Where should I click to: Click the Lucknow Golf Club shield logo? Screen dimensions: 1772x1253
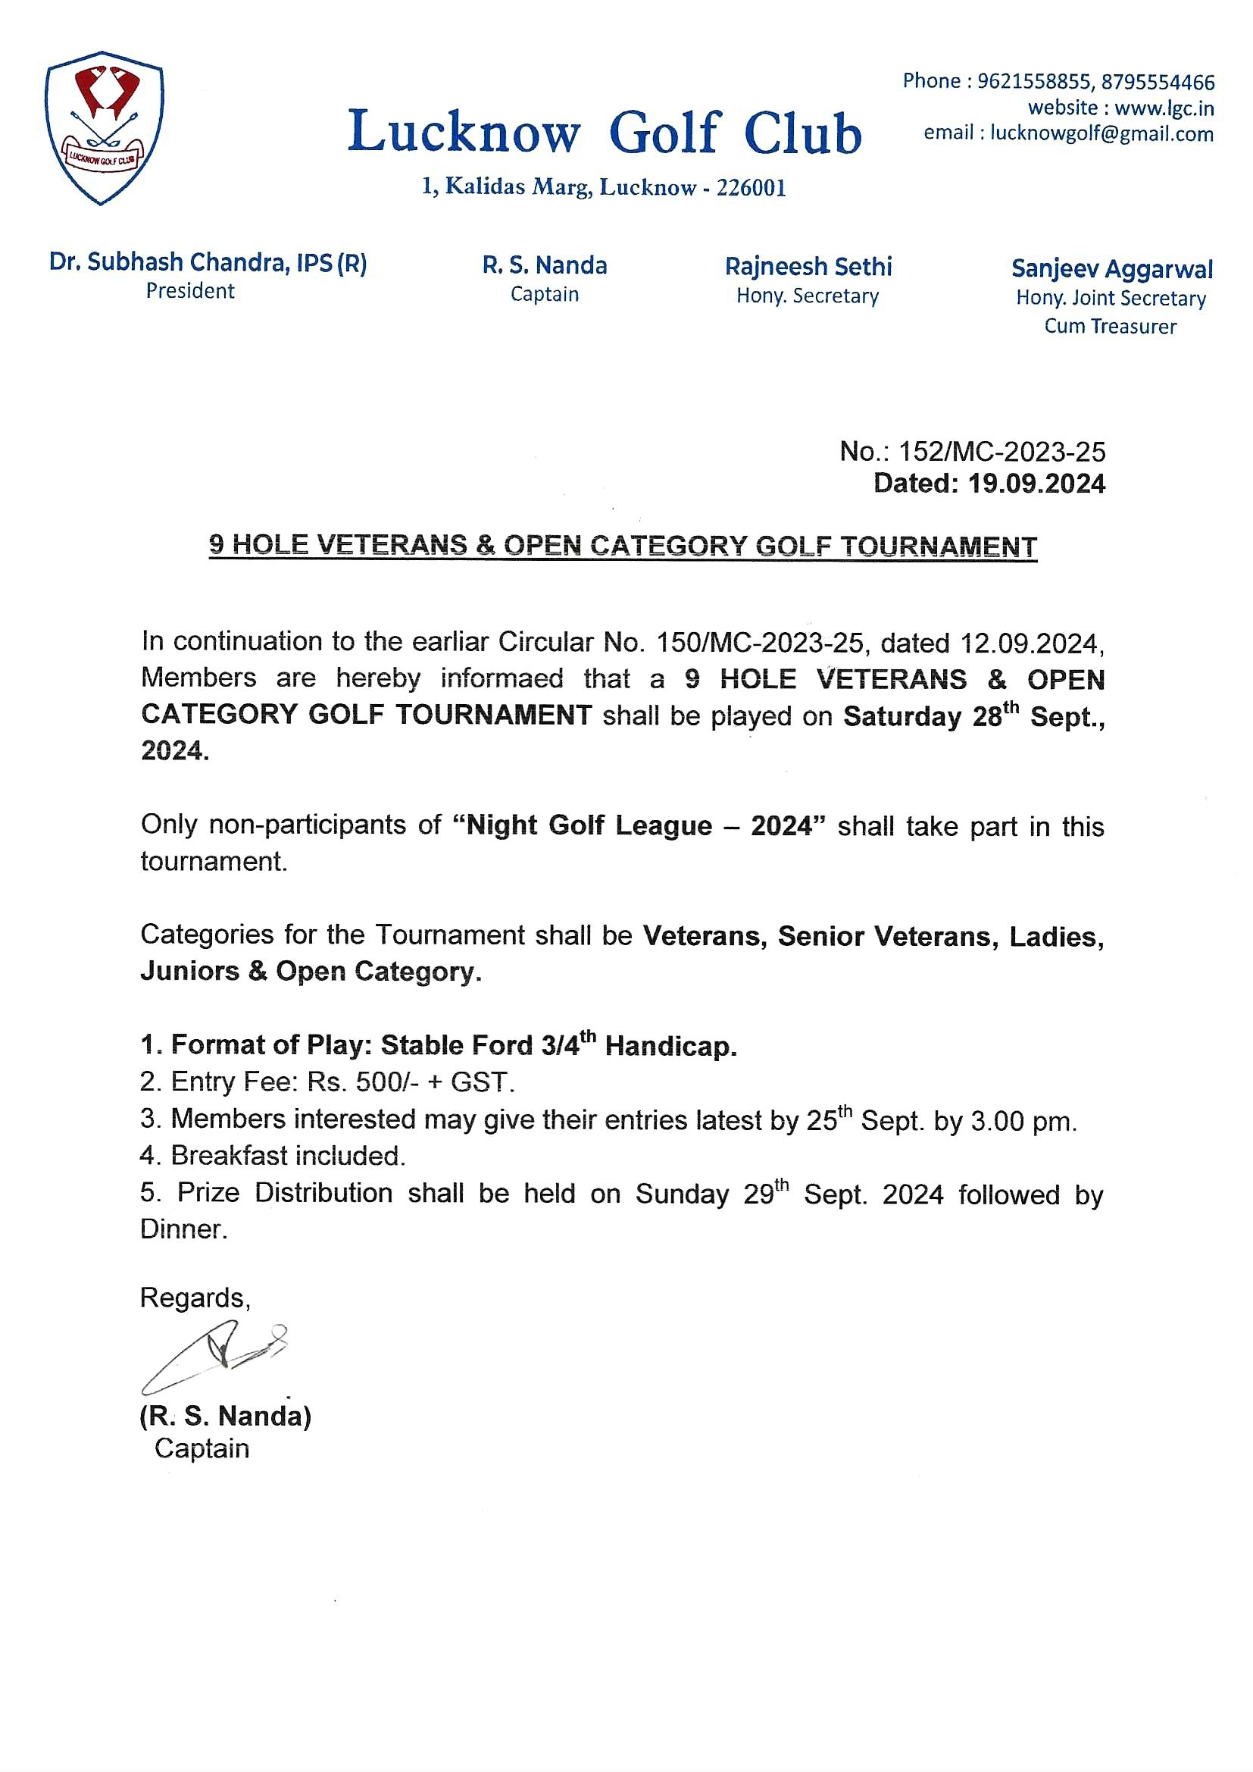(x=104, y=127)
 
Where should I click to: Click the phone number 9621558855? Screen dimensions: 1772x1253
(x=1034, y=81)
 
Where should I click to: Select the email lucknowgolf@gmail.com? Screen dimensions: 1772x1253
(x=1101, y=133)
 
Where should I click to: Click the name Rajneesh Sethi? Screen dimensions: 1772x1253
(x=808, y=267)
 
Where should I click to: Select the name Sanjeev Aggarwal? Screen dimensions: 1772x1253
(x=1111, y=269)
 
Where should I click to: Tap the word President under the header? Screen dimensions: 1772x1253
(x=190, y=291)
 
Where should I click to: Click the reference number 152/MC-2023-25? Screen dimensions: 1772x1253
(x=1001, y=452)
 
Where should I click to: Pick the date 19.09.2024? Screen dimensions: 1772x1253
(x=1036, y=484)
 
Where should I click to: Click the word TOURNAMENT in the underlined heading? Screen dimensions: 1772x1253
(x=938, y=546)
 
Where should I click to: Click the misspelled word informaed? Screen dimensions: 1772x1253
(x=502, y=678)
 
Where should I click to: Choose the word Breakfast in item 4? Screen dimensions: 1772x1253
(x=229, y=1155)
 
